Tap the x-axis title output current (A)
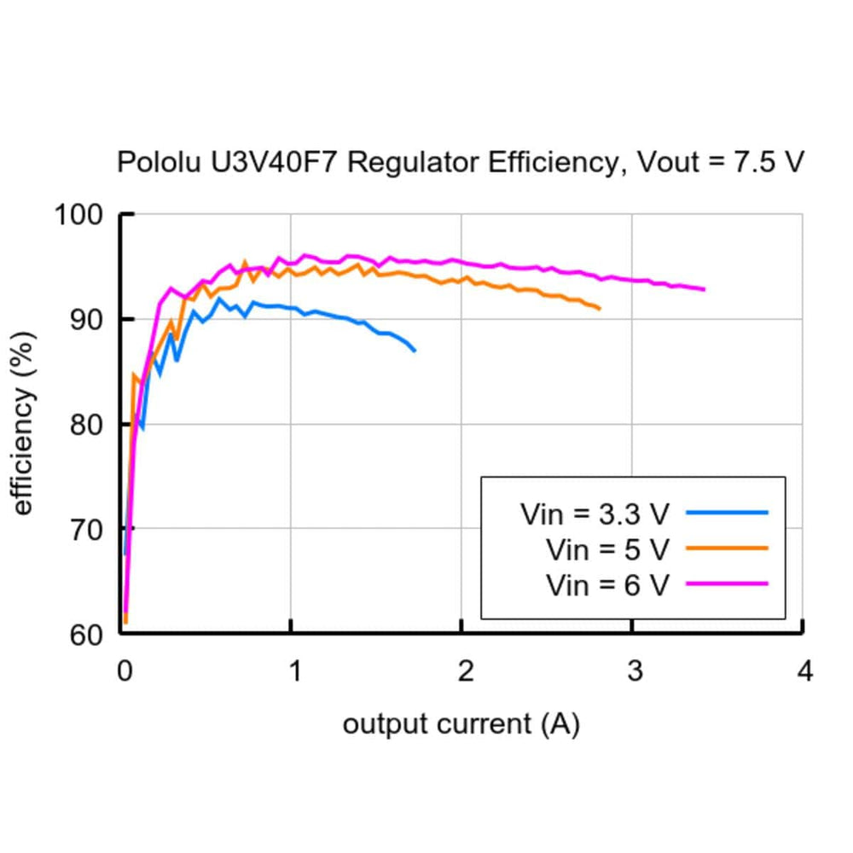pos(461,725)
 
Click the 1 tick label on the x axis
pos(293,672)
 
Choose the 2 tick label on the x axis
pos(463,672)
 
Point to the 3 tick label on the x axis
pos(634,672)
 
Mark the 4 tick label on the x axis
pos(804,672)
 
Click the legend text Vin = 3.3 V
pos(595,514)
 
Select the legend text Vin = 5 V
pos(607,549)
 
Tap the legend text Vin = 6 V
pos(607,585)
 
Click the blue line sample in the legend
pos(727,513)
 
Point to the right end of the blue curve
pos(415,351)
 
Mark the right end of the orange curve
pos(600,309)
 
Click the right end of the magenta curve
pos(705,289)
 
